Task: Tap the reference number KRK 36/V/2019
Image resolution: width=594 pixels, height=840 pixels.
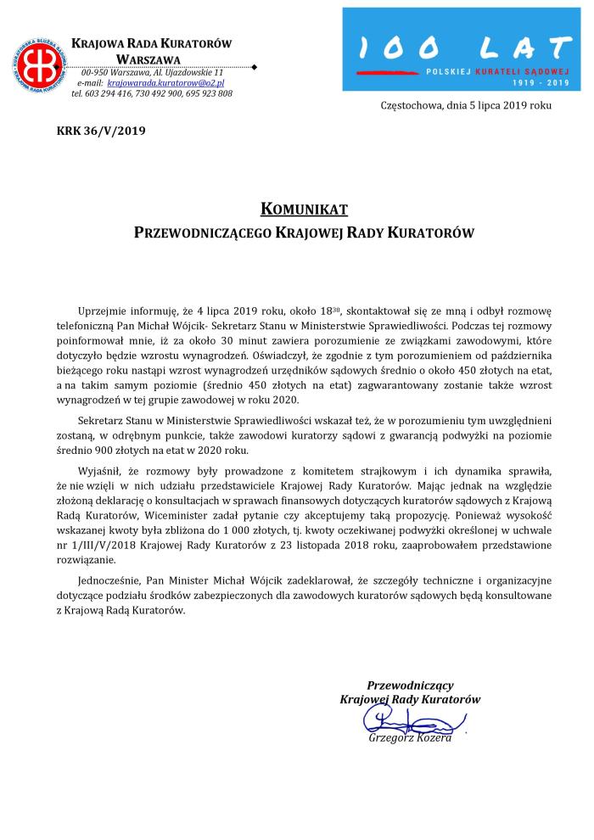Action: [x=90, y=131]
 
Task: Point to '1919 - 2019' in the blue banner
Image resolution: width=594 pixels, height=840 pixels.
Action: [x=543, y=85]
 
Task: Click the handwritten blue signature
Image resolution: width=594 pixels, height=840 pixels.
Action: [x=406, y=722]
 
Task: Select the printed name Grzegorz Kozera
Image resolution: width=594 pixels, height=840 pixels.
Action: [x=410, y=738]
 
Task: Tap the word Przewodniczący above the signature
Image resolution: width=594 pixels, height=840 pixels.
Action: [x=410, y=685]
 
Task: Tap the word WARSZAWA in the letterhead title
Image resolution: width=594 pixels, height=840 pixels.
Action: [x=149, y=58]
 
